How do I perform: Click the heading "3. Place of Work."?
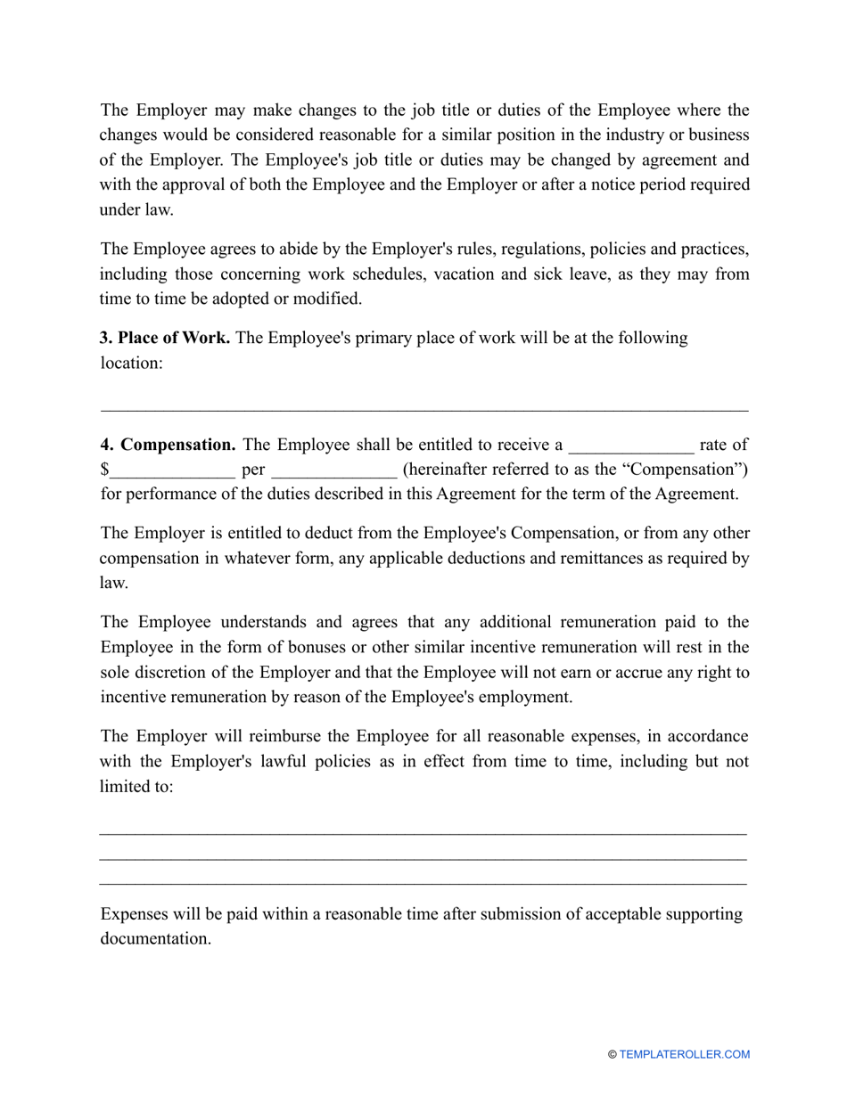click(x=165, y=339)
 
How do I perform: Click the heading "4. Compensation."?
click(x=168, y=445)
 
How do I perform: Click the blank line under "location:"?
click(x=423, y=411)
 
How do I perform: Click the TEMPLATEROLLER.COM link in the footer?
click(x=685, y=1055)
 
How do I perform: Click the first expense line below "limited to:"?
click(x=423, y=835)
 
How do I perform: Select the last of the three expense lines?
click(x=423, y=885)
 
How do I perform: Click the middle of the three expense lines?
click(x=423, y=860)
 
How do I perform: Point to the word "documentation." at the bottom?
click(x=155, y=939)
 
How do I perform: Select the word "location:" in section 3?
click(x=131, y=364)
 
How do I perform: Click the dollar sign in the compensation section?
click(x=104, y=470)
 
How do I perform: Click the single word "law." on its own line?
click(x=114, y=583)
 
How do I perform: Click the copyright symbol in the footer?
click(x=613, y=1055)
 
